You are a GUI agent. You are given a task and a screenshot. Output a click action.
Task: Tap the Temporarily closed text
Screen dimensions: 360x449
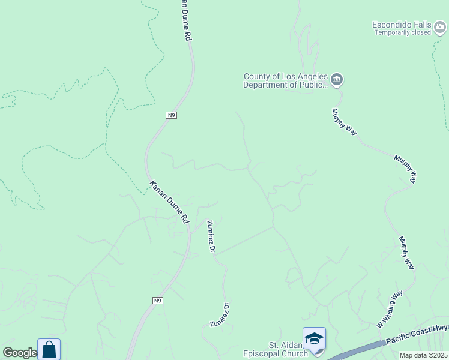click(x=403, y=32)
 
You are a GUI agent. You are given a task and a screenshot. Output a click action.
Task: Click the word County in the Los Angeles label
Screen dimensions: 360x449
click(x=257, y=76)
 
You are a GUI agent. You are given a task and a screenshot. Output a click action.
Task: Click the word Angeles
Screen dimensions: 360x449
click(x=310, y=76)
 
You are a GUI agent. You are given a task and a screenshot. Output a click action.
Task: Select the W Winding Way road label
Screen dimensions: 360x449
click(x=389, y=310)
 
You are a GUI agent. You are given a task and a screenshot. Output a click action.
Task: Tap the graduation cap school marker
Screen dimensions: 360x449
click(x=314, y=338)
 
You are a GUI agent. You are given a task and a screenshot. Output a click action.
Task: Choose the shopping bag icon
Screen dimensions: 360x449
click(x=49, y=350)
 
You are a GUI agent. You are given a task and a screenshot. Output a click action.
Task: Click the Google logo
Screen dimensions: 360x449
click(x=19, y=353)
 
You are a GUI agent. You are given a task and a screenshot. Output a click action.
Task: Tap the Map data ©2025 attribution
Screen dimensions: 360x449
click(x=423, y=355)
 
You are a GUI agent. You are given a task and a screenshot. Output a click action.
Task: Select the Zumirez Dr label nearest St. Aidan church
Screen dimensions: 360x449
click(x=220, y=314)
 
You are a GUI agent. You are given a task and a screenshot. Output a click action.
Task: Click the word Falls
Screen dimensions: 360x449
click(x=423, y=25)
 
